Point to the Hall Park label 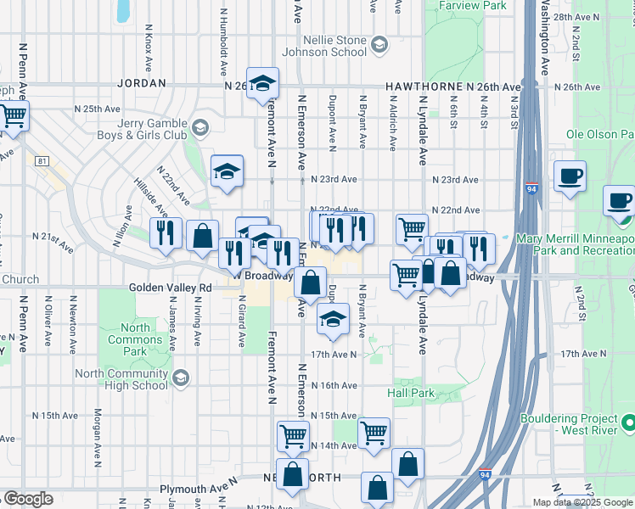pyautogui.click(x=411, y=394)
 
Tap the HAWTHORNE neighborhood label pyautogui.click(x=424, y=87)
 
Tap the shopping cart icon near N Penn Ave pyautogui.click(x=13, y=116)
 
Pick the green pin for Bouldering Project pyautogui.click(x=627, y=422)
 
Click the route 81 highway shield pyautogui.click(x=42, y=161)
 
